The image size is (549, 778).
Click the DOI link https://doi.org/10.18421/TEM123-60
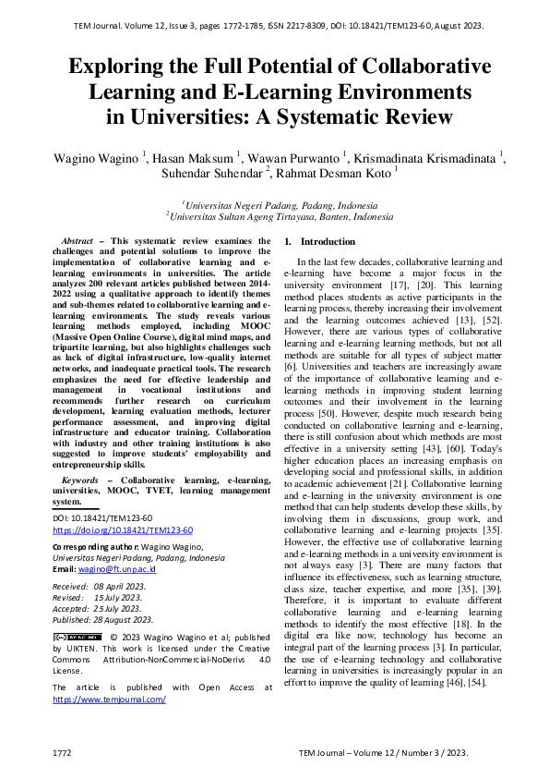(123, 530)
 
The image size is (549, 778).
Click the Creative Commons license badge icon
(78, 637)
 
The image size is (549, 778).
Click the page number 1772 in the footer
(63, 754)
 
